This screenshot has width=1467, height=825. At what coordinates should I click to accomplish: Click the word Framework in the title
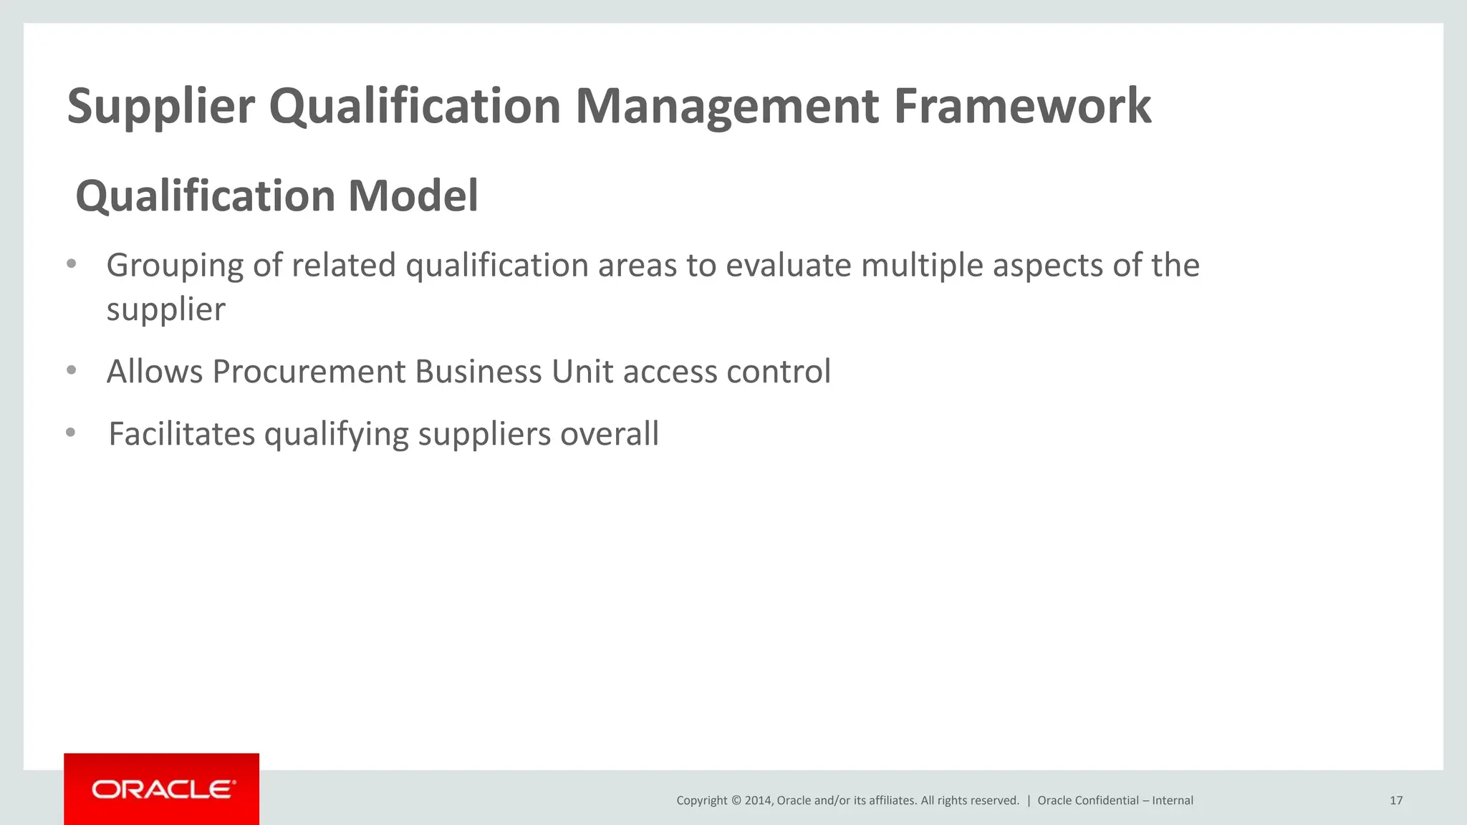1022,106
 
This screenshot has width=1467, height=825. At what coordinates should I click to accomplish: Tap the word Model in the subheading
413,196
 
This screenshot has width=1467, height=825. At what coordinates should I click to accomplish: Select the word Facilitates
181,434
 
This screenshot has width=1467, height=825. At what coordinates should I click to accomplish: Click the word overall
609,434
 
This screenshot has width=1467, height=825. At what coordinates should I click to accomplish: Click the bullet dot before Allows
71,371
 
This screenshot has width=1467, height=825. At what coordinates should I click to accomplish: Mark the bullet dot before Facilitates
70,433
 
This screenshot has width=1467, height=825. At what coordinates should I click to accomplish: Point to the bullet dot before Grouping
71,264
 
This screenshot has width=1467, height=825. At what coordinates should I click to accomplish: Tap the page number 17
1395,801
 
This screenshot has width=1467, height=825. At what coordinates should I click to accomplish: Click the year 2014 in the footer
757,801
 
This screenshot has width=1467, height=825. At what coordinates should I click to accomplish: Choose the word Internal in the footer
1173,801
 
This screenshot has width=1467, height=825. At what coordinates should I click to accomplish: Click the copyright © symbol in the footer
736,801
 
